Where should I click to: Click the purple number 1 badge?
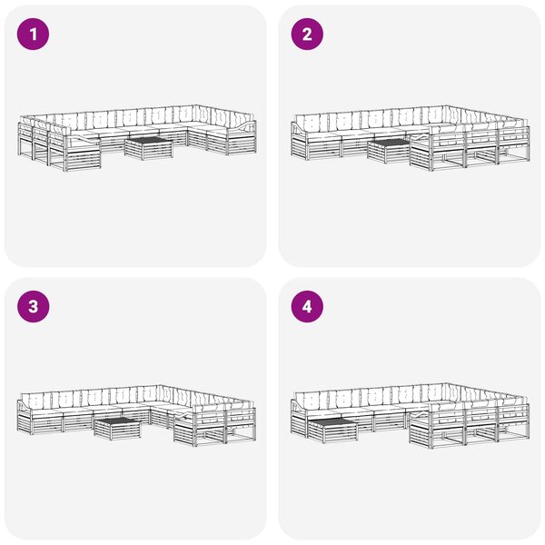[x=33, y=35]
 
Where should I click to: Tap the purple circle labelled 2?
[x=307, y=35]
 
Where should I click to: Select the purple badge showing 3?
[x=33, y=307]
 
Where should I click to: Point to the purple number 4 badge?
[x=307, y=307]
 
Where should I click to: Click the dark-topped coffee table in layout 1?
[x=149, y=148]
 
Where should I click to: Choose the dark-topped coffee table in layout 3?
[x=117, y=429]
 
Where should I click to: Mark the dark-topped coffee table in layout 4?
[x=332, y=431]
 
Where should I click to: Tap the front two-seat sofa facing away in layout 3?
[x=215, y=426]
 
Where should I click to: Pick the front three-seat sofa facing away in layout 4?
[x=470, y=425]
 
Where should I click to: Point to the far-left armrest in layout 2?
[x=299, y=129]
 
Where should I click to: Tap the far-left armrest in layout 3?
[x=25, y=406]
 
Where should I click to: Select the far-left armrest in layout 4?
[x=299, y=406]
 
